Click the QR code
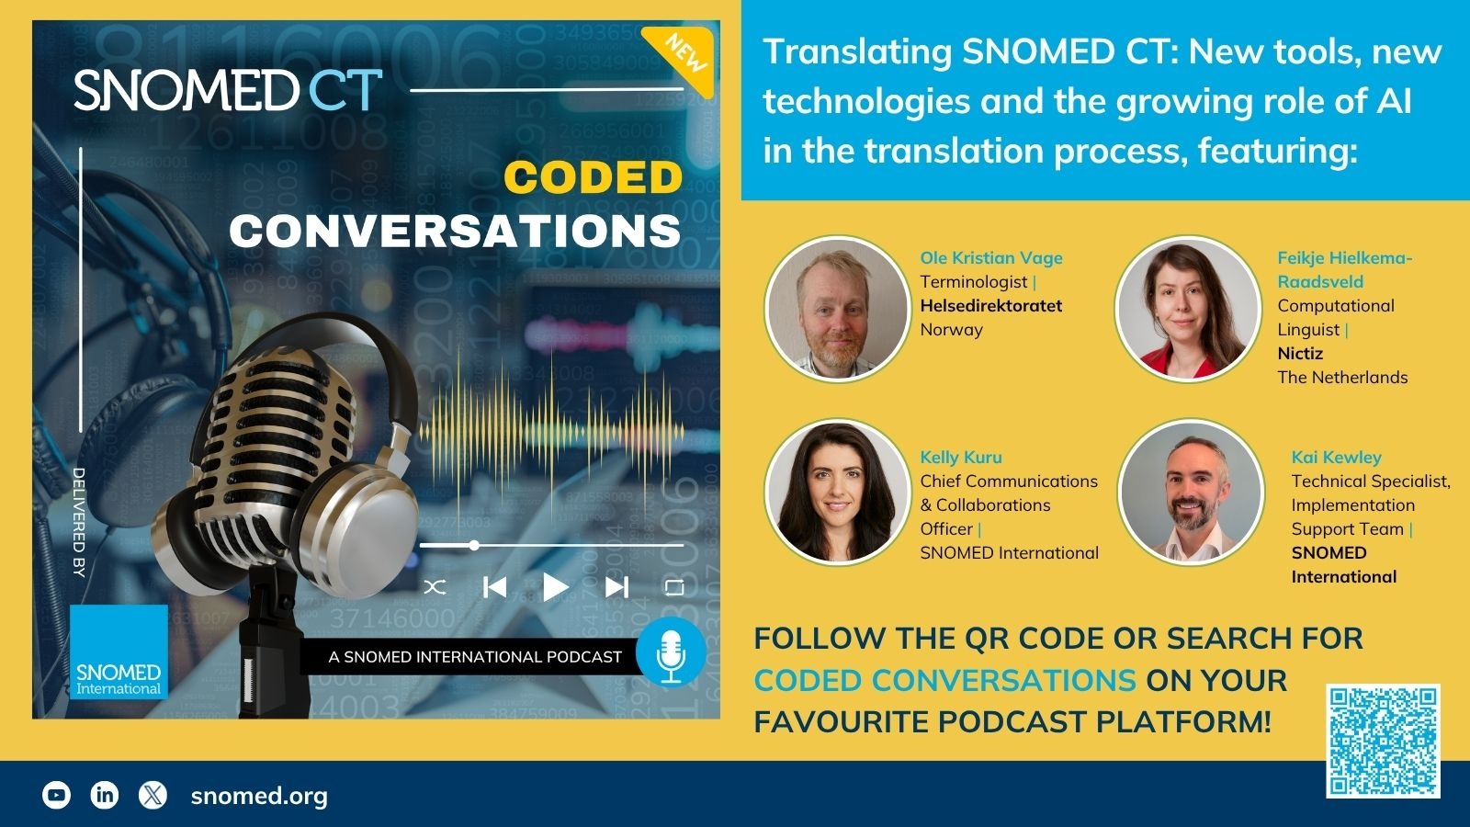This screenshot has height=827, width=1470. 1384,741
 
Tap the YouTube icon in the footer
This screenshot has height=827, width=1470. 56,795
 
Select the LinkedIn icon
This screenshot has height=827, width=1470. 105,795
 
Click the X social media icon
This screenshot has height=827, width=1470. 153,795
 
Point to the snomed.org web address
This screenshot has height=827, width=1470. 259,796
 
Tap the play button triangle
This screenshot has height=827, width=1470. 555,587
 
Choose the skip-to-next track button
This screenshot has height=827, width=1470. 616,587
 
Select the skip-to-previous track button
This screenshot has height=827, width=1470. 494,587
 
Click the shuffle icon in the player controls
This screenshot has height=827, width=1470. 435,587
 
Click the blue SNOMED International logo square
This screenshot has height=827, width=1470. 119,651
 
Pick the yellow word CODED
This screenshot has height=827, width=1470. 594,177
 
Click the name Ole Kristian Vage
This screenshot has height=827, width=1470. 991,258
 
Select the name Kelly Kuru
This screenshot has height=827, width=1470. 961,457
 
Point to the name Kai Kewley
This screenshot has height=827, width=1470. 1336,457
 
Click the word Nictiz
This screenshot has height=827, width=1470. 1300,353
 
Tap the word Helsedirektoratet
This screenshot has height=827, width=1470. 991,305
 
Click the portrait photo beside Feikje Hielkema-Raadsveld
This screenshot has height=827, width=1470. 1187,309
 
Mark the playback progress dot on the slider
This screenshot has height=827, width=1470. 474,545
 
